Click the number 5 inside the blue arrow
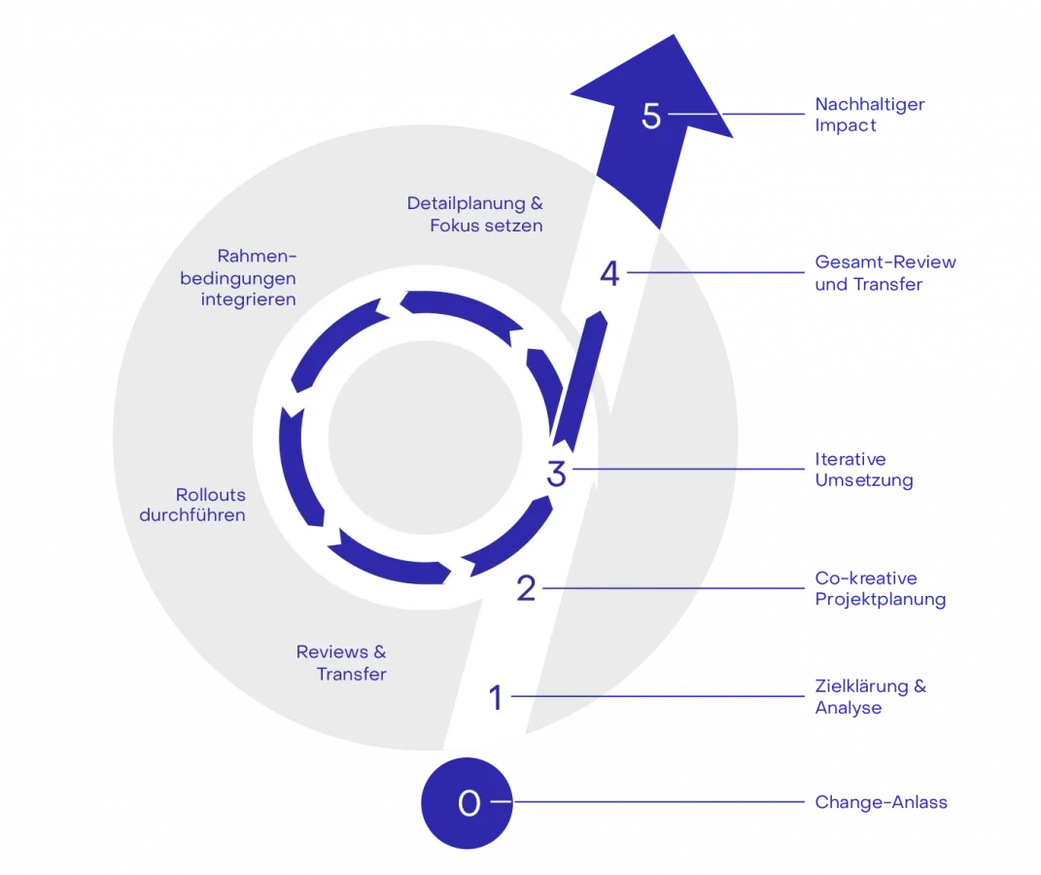[x=651, y=116]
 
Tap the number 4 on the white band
[x=609, y=274]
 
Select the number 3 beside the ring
[x=556, y=474]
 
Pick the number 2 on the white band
[x=526, y=588]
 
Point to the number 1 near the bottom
[x=496, y=697]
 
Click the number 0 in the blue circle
[x=468, y=803]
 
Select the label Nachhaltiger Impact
[x=869, y=115]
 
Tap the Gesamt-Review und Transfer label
[x=885, y=274]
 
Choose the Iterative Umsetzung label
[x=864, y=471]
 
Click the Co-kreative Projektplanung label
[x=880, y=589]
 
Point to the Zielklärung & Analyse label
[x=871, y=697]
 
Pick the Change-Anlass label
[x=882, y=803]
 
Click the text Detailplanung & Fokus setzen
[x=474, y=214]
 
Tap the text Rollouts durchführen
[x=192, y=505]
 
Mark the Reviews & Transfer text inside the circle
[x=341, y=662]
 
